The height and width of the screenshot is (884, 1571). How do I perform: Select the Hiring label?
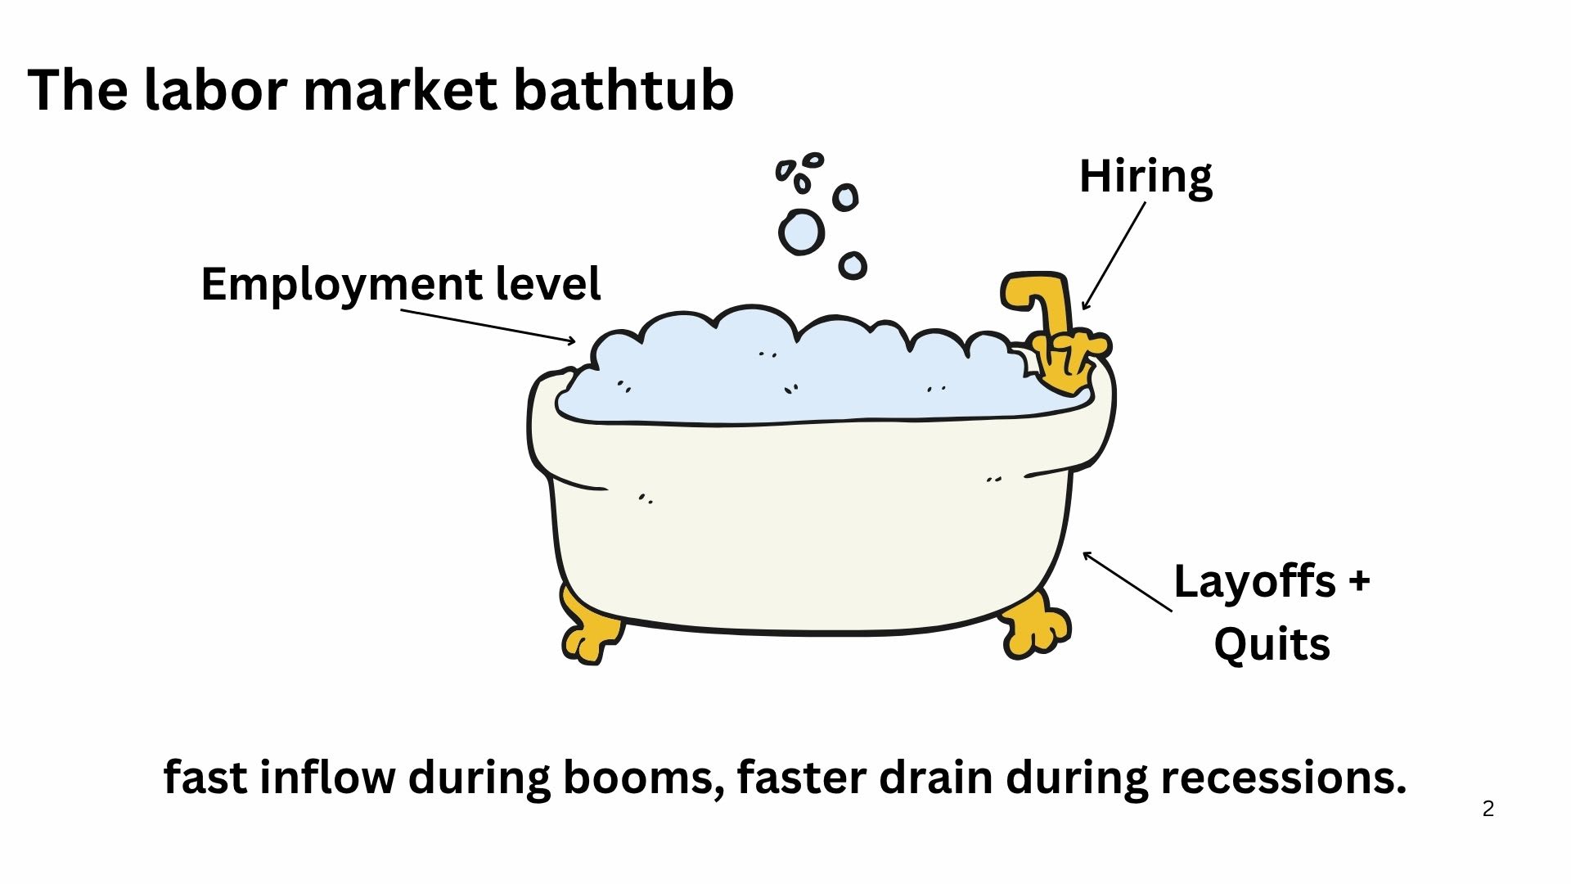pos(1146,176)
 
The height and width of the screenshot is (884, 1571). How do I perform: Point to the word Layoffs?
pos(1254,581)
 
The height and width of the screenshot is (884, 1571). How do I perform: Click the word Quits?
pos(1272,644)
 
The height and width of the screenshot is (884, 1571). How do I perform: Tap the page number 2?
pos(1488,809)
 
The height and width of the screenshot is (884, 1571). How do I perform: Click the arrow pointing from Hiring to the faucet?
pos(1114,256)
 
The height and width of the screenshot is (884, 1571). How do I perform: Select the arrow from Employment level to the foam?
pos(488,326)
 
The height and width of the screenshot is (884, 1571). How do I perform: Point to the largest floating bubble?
pos(801,232)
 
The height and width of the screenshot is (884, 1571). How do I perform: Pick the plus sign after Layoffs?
pos(1358,581)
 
